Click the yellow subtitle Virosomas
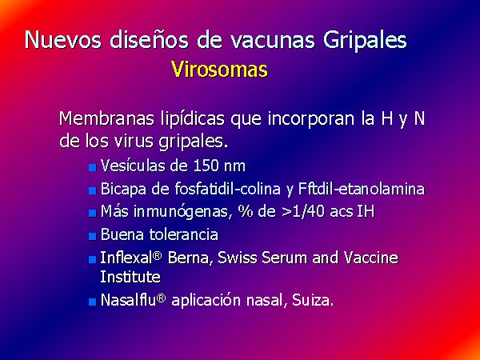219,70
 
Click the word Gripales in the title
364,42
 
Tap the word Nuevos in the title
62,40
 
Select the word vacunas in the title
272,41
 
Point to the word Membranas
106,118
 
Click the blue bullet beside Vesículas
93,167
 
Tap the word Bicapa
124,190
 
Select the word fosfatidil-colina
227,189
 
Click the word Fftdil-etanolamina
362,189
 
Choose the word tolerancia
184,234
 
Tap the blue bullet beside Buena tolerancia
93,236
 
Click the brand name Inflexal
126,258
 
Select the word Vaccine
370,258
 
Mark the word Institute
130,277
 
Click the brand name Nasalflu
129,300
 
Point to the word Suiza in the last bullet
312,300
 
